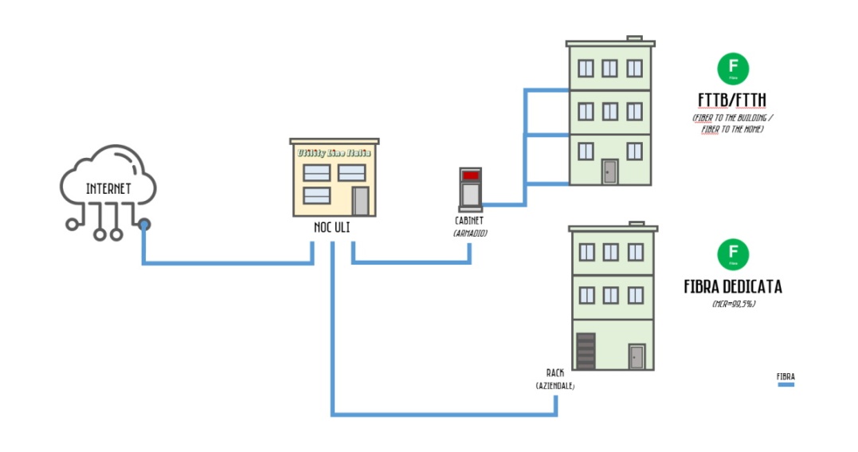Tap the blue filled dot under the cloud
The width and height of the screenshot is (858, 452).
click(x=143, y=225)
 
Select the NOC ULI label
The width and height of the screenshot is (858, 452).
click(x=331, y=227)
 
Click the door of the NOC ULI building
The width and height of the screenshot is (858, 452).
click(x=361, y=201)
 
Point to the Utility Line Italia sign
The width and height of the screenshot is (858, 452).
click(x=334, y=152)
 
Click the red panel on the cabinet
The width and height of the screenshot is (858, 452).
click(x=471, y=175)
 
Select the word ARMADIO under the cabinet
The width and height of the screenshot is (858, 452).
click(x=470, y=233)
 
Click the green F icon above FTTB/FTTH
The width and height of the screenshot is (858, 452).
click(x=733, y=69)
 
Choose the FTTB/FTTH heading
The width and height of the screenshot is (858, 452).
click(x=732, y=100)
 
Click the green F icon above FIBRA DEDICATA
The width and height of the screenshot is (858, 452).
click(x=733, y=254)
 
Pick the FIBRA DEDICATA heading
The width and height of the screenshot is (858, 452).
click(x=733, y=287)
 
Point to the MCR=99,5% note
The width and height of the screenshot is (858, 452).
click(x=733, y=304)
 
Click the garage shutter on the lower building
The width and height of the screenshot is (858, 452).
click(x=586, y=351)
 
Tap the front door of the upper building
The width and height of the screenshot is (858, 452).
click(x=610, y=171)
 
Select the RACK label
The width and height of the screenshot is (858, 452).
click(x=554, y=372)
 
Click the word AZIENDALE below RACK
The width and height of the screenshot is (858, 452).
click(x=554, y=386)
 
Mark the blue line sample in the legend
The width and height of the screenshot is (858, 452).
click(x=786, y=384)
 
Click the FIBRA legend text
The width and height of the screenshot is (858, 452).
click(x=786, y=376)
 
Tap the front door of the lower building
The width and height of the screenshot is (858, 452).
click(x=636, y=356)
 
